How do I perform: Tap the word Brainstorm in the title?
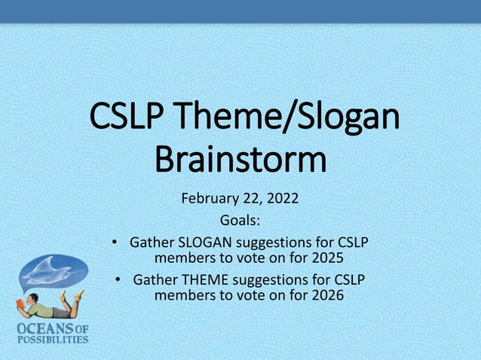click(240, 161)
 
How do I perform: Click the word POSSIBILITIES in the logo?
click(46, 338)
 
